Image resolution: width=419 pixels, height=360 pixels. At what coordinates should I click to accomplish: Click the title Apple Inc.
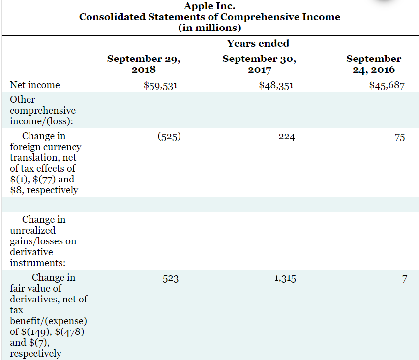[x=209, y=6]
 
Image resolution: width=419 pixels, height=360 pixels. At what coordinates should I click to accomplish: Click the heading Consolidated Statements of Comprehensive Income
[x=209, y=17]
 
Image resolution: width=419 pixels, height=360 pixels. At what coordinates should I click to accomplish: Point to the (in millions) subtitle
[x=209, y=27]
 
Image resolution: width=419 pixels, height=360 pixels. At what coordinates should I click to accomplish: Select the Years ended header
[x=258, y=43]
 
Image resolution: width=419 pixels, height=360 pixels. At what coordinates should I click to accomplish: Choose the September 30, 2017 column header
[x=259, y=64]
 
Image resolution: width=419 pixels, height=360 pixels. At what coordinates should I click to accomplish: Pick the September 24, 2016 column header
[x=373, y=64]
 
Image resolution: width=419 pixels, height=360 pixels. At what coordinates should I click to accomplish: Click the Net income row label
[x=35, y=85]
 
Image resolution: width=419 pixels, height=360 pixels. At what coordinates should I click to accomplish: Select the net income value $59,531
[x=160, y=86]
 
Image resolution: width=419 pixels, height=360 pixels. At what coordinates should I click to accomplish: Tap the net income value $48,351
[x=276, y=86]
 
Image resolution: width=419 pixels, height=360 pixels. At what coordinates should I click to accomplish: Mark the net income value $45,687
[x=387, y=86]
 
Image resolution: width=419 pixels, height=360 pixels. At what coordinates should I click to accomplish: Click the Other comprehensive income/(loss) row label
[x=43, y=110]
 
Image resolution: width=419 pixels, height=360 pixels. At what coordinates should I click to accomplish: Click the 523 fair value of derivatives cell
[x=171, y=279]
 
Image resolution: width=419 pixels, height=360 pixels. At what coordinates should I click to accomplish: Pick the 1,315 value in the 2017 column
[x=285, y=279]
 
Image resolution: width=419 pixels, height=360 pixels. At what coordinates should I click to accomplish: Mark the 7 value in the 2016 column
[x=404, y=279]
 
